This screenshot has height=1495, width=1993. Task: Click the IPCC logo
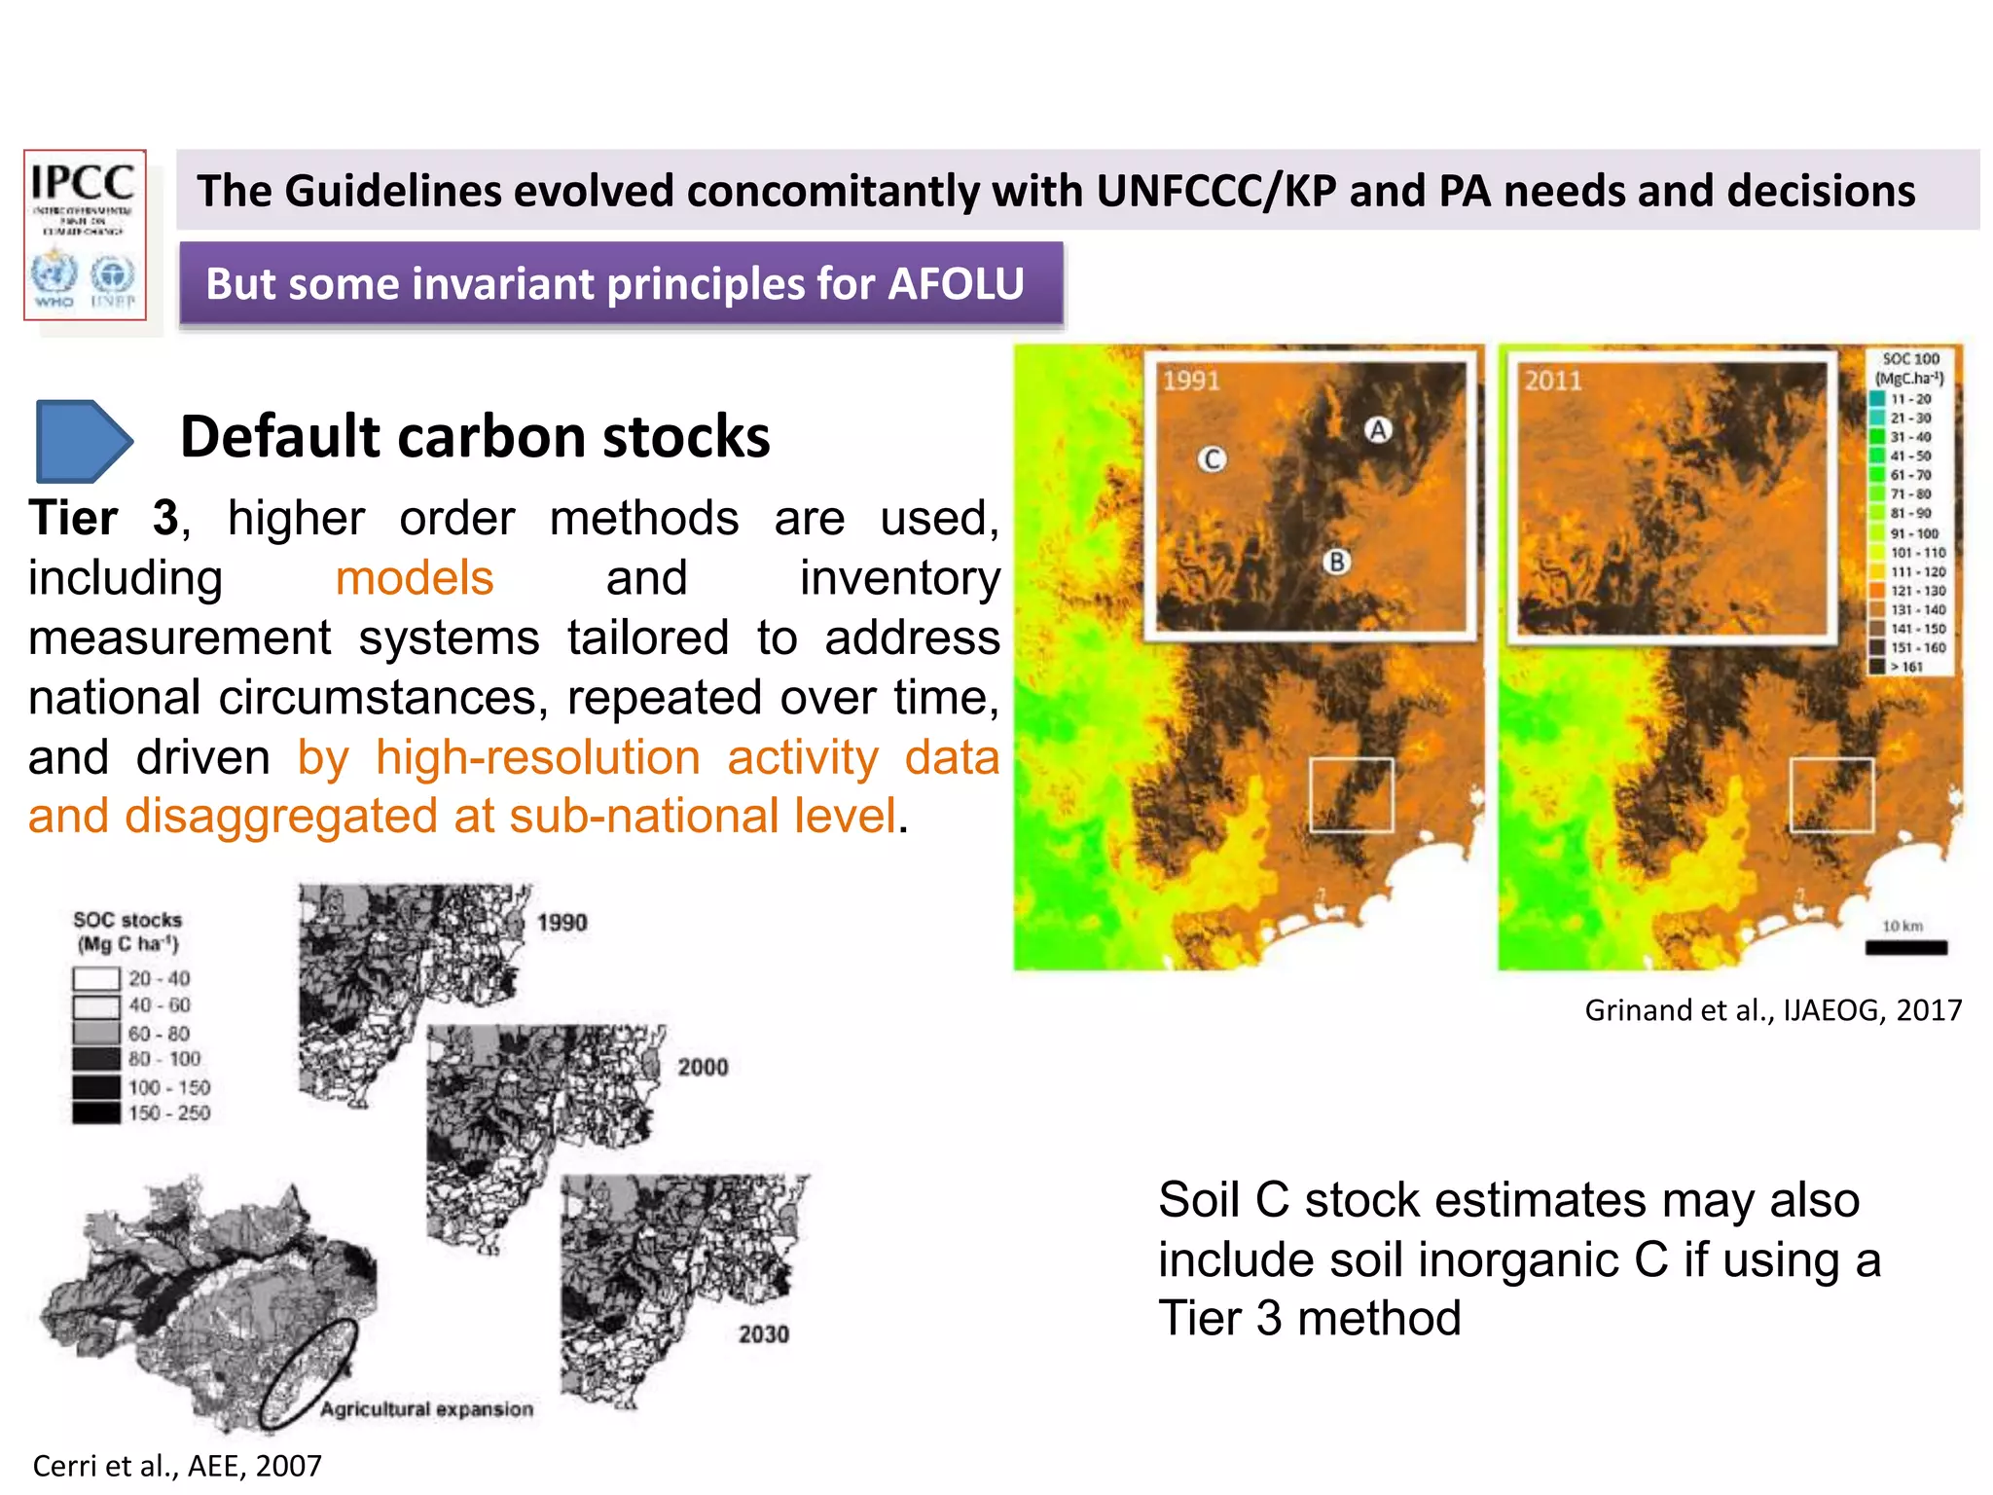pyautogui.click(x=85, y=235)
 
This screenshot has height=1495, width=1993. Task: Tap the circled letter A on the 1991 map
pyautogui.click(x=1378, y=429)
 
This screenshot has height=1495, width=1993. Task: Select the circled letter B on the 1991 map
pyautogui.click(x=1337, y=562)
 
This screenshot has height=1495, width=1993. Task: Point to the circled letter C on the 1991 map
pyautogui.click(x=1212, y=459)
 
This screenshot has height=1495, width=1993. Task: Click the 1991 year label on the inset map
pyautogui.click(x=1191, y=381)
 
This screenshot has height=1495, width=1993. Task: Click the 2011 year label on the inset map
pyautogui.click(x=1553, y=381)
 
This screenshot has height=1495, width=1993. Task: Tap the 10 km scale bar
pyautogui.click(x=1905, y=947)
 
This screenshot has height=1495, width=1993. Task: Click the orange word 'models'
pyautogui.click(x=415, y=578)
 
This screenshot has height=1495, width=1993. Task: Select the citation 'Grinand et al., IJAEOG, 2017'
pyautogui.click(x=1773, y=1010)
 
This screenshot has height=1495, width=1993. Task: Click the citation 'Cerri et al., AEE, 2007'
pyautogui.click(x=177, y=1466)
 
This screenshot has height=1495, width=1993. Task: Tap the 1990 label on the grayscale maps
pyautogui.click(x=562, y=923)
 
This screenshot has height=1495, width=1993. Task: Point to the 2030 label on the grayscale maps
pyautogui.click(x=764, y=1334)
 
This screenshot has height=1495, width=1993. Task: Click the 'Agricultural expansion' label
pyautogui.click(x=427, y=1409)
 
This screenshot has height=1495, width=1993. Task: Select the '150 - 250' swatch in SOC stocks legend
pyautogui.click(x=96, y=1112)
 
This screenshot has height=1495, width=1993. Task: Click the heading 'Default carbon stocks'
pyautogui.click(x=475, y=437)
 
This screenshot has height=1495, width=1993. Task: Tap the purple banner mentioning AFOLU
pyautogui.click(x=621, y=284)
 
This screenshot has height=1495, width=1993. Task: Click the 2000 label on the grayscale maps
pyautogui.click(x=703, y=1068)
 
